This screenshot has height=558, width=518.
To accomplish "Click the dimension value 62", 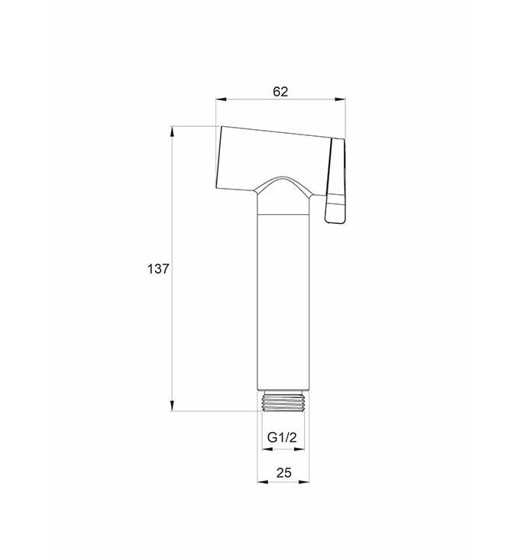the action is (x=280, y=92).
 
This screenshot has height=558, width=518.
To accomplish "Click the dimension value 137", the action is (x=158, y=269).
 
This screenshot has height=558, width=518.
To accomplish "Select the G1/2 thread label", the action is (x=282, y=437).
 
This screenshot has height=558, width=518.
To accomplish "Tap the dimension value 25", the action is (x=283, y=472).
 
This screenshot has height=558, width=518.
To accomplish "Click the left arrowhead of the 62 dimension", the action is (x=222, y=99).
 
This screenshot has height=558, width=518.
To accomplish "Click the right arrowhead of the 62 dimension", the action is (x=340, y=99).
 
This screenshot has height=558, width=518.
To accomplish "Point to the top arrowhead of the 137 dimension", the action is (x=172, y=131).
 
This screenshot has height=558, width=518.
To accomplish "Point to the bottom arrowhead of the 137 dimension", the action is (x=172, y=405).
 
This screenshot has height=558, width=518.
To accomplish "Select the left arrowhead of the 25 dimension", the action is (x=263, y=482).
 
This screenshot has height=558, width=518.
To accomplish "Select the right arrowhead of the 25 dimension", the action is (x=304, y=482).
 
